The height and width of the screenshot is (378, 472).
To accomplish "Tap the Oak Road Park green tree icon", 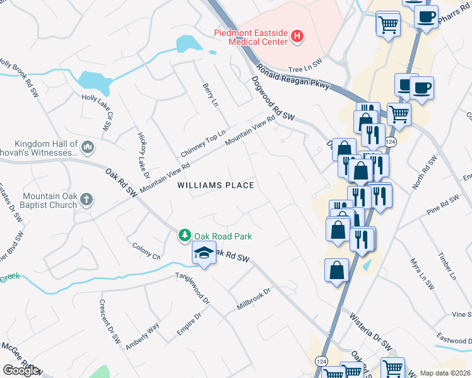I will (x=184, y=236).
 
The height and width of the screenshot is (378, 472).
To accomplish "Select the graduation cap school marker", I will (x=203, y=254).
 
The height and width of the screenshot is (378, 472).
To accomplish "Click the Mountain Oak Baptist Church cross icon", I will (x=86, y=200).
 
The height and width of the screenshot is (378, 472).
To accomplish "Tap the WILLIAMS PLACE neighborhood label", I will (x=216, y=185).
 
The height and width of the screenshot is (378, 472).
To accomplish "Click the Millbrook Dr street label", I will (x=253, y=298).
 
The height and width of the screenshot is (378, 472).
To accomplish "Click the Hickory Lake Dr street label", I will (x=143, y=152).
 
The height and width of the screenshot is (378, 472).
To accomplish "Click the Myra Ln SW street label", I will (x=422, y=273).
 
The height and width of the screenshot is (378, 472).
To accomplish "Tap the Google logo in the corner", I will (x=21, y=370).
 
